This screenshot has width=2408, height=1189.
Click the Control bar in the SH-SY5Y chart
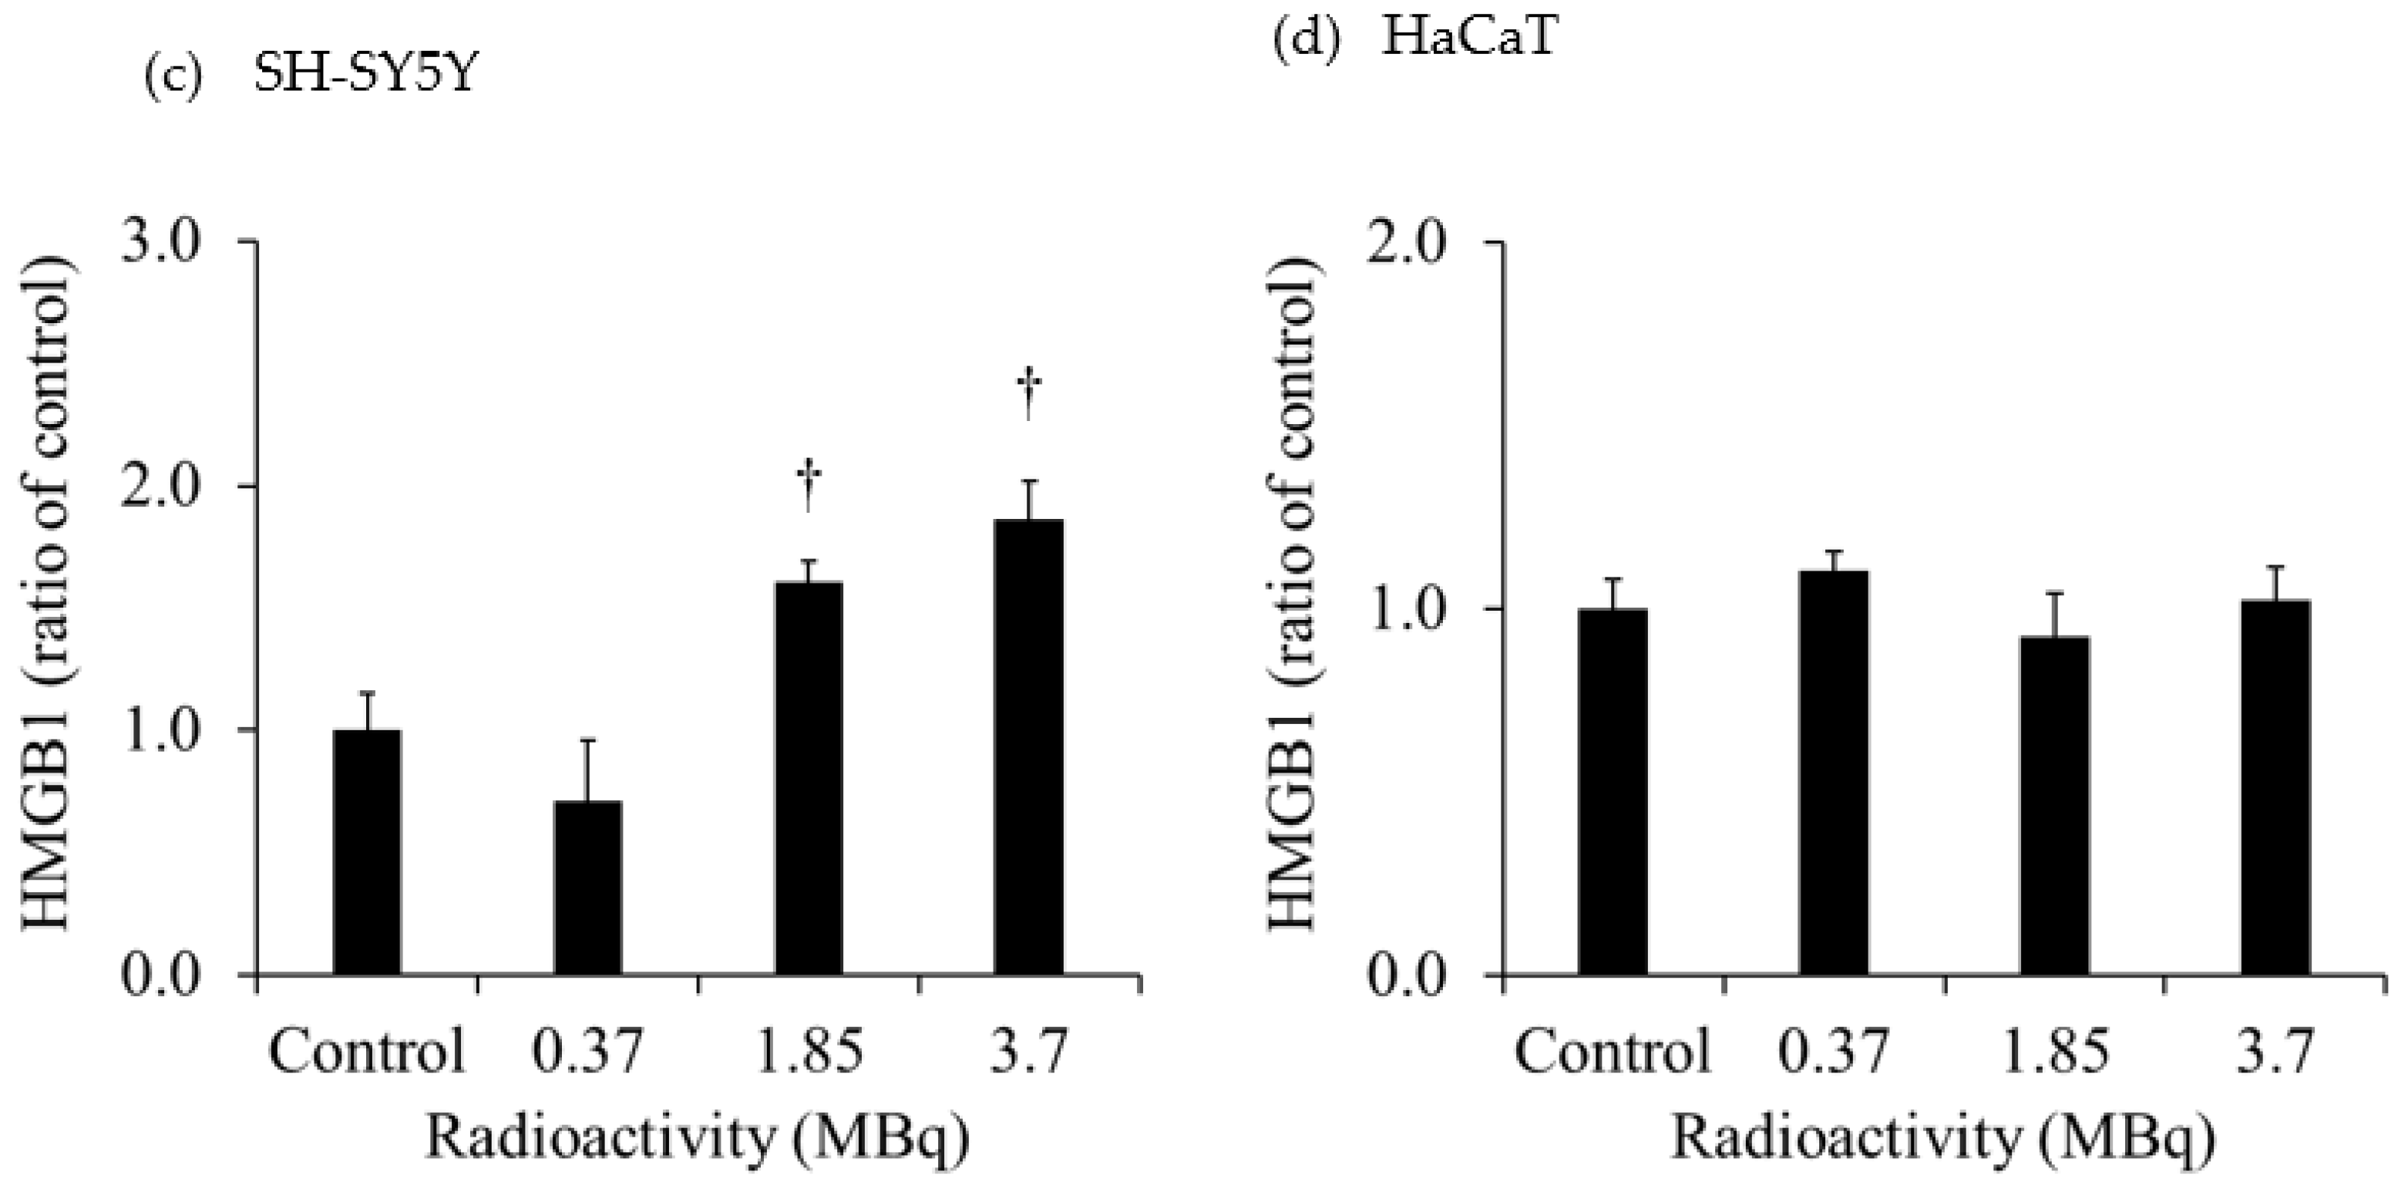[368, 853]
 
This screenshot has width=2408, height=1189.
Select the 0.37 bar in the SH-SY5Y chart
[588, 888]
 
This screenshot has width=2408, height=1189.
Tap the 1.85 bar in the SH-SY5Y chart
[809, 779]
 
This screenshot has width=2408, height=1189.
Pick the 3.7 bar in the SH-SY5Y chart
[1028, 748]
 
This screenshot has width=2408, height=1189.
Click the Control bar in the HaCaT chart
[1613, 792]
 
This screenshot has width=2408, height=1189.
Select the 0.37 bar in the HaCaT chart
[1833, 773]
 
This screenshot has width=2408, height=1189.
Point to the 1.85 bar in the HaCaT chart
[2055, 806]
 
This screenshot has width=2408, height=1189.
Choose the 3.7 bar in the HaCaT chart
[2275, 788]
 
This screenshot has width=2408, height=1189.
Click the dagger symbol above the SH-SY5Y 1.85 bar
[809, 486]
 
